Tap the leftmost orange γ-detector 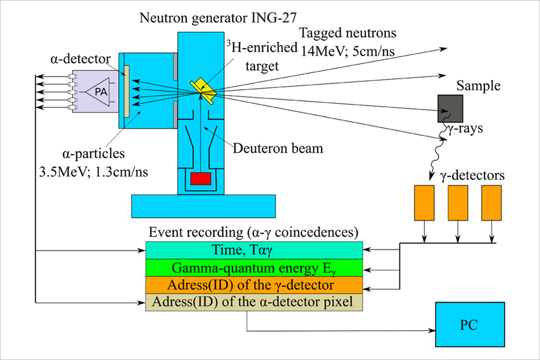tap(424, 203)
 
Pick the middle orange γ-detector tap(458, 203)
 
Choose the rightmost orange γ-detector tap(491, 203)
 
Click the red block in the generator tap(200, 179)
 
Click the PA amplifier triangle tap(99, 92)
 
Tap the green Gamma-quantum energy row tap(254, 267)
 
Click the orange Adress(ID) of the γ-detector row tap(254, 284)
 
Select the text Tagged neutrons tap(348, 33)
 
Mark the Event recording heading tap(254, 233)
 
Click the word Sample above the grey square tap(478, 86)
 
